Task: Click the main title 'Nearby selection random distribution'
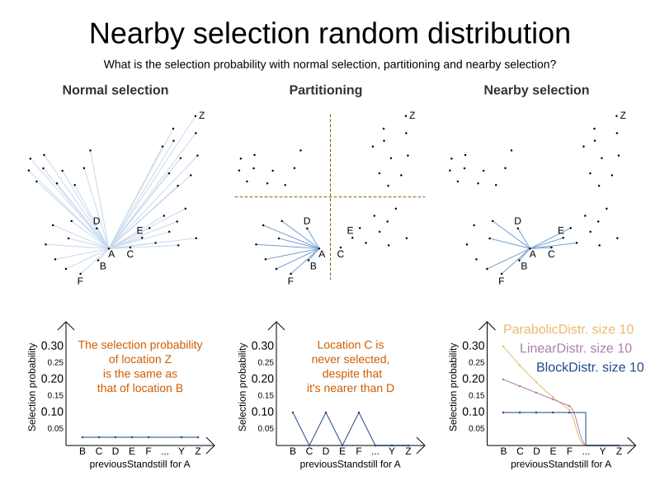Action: [330, 33]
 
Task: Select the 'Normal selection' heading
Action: [115, 90]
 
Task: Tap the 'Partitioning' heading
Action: [325, 90]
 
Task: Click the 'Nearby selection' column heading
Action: [536, 90]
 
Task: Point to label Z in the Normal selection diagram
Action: [201, 115]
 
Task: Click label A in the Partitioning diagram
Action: [322, 254]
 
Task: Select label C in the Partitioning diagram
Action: [340, 254]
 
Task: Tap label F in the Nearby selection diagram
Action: [501, 281]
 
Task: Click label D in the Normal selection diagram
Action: [97, 221]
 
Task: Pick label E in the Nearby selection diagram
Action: [561, 231]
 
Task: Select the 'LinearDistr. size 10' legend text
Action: [576, 348]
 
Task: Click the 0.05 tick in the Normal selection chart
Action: [54, 428]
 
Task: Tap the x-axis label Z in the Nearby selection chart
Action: [619, 451]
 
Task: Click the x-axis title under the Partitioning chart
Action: [350, 464]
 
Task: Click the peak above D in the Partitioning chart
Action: [325, 412]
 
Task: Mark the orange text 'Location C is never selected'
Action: [351, 352]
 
